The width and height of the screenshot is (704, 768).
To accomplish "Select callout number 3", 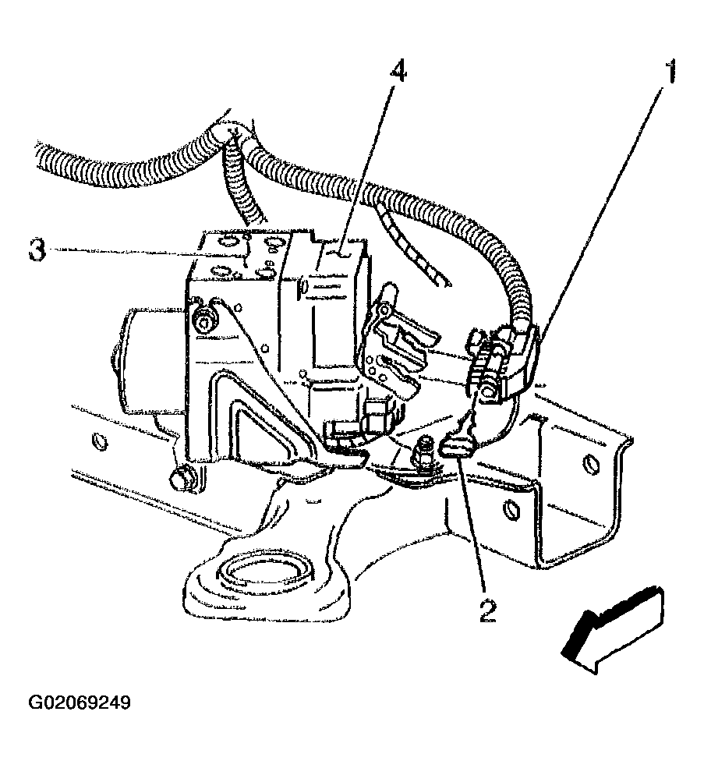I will click(36, 251).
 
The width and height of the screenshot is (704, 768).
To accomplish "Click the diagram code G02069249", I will click(80, 703).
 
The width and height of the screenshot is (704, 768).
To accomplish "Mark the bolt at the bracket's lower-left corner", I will click(182, 480).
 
